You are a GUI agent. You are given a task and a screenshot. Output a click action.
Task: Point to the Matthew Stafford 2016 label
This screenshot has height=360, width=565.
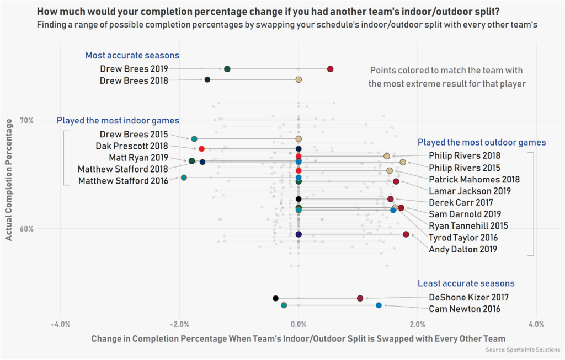[124, 181]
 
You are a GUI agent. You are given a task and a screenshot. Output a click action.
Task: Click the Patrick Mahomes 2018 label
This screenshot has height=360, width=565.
[474, 179]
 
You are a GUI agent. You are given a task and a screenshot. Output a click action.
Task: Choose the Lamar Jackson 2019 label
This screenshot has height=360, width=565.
[470, 191]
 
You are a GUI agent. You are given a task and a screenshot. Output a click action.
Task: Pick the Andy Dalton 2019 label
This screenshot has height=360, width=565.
[463, 249]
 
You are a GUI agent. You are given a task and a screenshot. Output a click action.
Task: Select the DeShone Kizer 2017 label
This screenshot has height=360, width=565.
[468, 297]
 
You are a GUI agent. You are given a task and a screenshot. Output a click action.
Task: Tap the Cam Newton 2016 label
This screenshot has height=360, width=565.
[465, 309]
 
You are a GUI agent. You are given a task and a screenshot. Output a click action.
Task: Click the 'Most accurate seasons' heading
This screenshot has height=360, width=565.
[132, 56]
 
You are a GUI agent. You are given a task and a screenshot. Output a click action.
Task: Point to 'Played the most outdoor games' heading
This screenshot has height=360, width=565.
[482, 142]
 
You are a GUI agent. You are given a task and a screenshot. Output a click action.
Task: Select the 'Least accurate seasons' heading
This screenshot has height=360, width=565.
[466, 283]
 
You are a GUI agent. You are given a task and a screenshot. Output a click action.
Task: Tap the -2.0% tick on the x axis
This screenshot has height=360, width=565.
[179, 324]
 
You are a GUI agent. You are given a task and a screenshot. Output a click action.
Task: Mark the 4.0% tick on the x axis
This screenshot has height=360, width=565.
[536, 324]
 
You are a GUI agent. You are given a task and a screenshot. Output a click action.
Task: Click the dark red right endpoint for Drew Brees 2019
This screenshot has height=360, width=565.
[330, 69]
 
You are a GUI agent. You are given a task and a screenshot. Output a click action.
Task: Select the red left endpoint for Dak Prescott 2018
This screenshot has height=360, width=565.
[201, 149]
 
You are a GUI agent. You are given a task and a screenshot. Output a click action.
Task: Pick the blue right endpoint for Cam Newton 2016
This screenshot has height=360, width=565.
[379, 305]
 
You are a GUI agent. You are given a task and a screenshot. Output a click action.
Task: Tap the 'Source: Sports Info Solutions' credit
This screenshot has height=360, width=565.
[523, 350]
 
